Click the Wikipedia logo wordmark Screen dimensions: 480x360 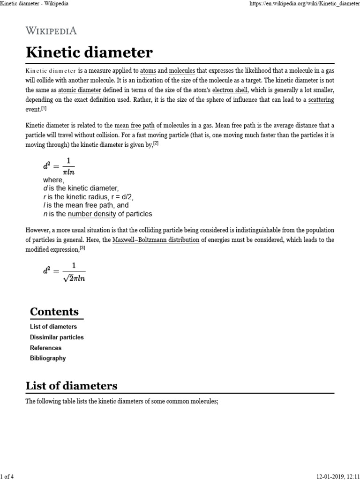51,31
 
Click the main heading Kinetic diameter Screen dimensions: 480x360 89,52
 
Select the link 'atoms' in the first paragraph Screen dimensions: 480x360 148,71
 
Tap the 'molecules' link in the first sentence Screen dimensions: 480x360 182,71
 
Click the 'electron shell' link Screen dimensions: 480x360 230,90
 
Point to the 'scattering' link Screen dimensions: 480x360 321,100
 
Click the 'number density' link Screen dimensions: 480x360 92,214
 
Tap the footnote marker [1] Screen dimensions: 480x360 44,108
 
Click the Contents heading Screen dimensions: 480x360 54,312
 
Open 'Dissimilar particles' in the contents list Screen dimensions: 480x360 57,337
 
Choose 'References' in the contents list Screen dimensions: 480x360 45,348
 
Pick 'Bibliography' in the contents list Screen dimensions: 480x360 48,358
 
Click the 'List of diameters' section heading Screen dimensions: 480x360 71,386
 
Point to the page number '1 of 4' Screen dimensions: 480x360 8,476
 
